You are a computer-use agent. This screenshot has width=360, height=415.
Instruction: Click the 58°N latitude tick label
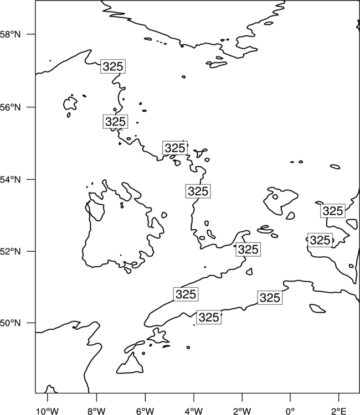coord(11,34)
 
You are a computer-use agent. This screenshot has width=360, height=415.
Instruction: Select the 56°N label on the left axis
coord(11,107)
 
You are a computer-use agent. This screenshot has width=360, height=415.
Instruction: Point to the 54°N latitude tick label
coord(11,179)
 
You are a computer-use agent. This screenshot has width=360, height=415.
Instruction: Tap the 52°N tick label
coord(11,251)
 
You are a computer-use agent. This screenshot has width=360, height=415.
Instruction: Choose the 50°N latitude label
coord(11,323)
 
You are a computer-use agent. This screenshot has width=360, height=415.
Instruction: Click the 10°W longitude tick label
coord(48,411)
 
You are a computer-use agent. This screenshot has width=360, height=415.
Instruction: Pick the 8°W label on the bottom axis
coord(96,411)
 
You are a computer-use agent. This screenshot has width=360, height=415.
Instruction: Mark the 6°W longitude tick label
coord(145,411)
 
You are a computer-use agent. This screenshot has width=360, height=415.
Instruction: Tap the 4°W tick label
coord(194,411)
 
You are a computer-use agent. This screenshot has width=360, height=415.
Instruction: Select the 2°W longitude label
coord(242,411)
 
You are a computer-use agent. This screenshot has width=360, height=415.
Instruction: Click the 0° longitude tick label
coord(290,411)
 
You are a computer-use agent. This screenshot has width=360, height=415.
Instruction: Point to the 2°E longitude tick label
coord(338,411)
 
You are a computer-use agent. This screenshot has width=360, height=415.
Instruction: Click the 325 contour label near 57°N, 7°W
coord(113,66)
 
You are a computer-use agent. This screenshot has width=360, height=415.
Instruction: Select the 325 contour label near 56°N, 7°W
coord(115,122)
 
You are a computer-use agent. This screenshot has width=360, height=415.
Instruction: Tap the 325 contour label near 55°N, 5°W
coord(175,148)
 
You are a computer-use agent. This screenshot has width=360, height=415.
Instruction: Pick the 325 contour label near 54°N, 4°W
coord(198,191)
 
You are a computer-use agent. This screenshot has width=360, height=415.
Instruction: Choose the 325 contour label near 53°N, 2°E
coord(333,211)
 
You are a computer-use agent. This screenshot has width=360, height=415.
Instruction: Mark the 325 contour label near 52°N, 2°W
coord(248,250)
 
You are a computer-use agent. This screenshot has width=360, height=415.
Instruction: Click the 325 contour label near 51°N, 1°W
coord(270,298)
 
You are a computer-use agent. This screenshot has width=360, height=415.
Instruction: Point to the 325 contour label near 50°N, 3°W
coord(209,318)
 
